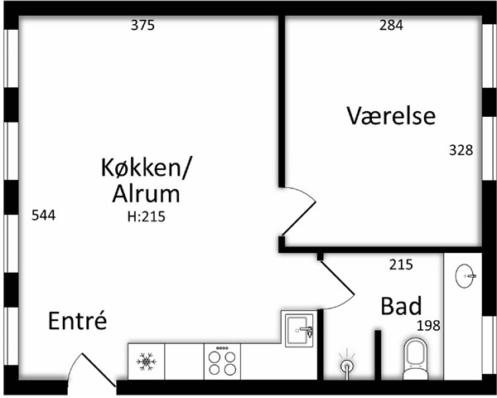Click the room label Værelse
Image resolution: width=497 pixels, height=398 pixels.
coord(391,116)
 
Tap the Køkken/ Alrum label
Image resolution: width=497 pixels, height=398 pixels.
coord(145,182)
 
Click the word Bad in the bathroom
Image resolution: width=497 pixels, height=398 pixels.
coord(401,306)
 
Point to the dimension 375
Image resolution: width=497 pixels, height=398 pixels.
coord(143,25)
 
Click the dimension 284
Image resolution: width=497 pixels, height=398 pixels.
coord(391,25)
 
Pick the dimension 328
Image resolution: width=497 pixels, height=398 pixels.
coord(461,150)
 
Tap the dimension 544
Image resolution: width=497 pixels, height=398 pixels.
coord(43,216)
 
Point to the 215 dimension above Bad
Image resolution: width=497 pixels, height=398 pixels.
coord(401,265)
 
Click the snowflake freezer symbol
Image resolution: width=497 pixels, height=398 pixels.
coord(147,362)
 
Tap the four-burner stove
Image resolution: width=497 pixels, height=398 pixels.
coord(221,362)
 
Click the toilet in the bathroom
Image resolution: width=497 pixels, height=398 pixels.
coord(412,358)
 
